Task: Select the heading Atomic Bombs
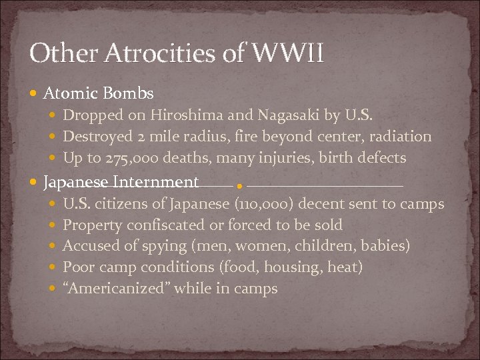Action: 98,93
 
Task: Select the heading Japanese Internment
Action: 121,182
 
